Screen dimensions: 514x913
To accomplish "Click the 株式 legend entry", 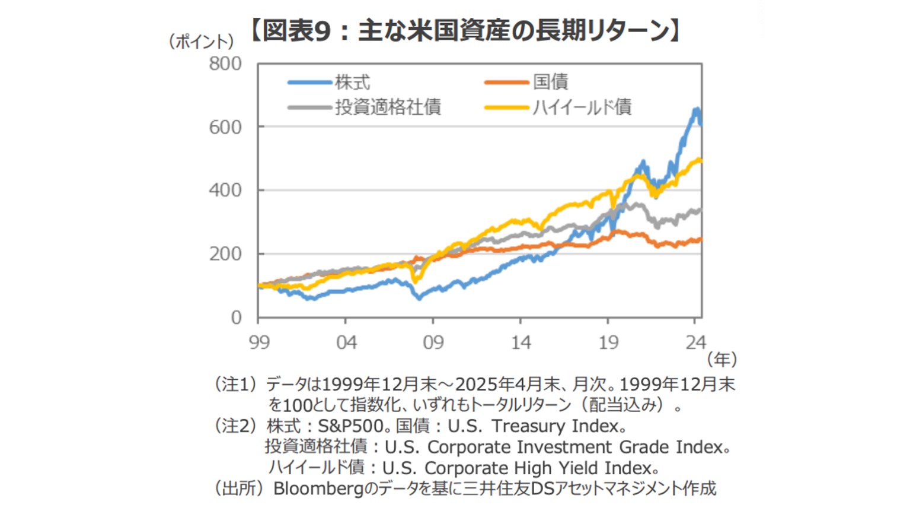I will (352, 82).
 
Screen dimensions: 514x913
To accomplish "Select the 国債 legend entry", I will (550, 82).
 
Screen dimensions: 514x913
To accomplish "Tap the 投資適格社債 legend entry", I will (388, 107).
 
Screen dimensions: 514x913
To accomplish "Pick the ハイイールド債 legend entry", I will (582, 107).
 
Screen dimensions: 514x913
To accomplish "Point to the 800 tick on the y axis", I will (225, 64).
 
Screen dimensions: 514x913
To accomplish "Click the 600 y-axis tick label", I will (225, 127).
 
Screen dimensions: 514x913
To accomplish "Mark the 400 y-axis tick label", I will (225, 191).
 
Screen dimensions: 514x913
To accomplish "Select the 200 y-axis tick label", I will (225, 254).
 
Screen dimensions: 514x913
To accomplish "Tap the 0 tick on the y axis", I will (236, 318).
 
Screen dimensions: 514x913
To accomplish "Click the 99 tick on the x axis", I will (258, 342).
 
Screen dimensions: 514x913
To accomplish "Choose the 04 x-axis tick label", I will (346, 342).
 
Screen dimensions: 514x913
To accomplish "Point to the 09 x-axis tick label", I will (433, 342).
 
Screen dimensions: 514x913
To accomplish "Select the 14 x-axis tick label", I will (521, 342).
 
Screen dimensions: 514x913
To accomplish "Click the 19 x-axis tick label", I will (608, 342).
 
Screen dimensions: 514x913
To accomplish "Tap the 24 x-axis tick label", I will (696, 342).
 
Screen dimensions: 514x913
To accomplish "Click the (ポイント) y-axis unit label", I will (202, 42).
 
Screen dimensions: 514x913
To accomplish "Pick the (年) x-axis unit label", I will (722, 359).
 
